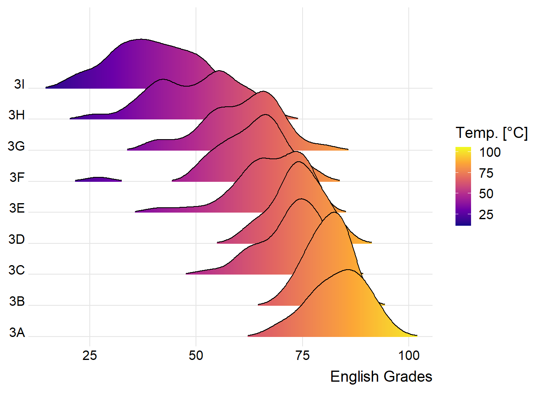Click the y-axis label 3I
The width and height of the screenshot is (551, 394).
click(x=19, y=84)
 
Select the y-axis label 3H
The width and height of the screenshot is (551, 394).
click(x=17, y=115)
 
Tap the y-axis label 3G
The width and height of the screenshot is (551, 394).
click(x=16, y=146)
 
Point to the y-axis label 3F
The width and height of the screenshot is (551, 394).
click(x=17, y=177)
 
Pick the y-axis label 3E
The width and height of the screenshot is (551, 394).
click(x=17, y=208)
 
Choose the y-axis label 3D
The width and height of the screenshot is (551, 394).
click(x=17, y=239)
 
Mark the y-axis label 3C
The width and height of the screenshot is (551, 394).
click(x=17, y=270)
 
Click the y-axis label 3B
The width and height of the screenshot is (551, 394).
click(x=17, y=301)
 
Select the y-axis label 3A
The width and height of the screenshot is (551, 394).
click(x=17, y=332)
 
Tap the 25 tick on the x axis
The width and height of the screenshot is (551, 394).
click(x=90, y=355)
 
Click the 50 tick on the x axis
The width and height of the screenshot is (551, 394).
click(x=196, y=355)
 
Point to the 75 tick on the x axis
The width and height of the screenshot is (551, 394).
click(x=303, y=355)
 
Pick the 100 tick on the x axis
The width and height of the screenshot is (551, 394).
click(x=409, y=355)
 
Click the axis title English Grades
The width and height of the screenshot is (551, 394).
click(x=381, y=377)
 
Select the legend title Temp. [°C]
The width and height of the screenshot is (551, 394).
click(x=492, y=133)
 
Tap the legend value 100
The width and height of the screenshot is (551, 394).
click(x=490, y=153)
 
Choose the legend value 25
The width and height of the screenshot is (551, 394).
click(x=486, y=215)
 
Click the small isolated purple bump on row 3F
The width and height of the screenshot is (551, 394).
click(x=98, y=179)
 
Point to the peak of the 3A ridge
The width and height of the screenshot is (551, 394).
click(x=348, y=270)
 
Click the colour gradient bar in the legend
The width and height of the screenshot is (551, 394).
click(x=463, y=186)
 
